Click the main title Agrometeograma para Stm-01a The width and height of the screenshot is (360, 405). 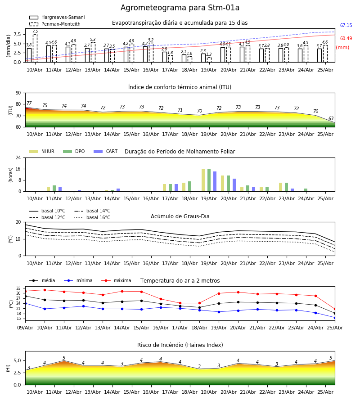pyautogui.click(x=180, y=8)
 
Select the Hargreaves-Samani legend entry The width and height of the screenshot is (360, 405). pyautogui.click(x=57, y=17)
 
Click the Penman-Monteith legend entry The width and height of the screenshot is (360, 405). pyautogui.click(x=55, y=24)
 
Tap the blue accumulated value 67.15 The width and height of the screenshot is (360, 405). pyautogui.click(x=346, y=25)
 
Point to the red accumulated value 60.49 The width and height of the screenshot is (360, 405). pyautogui.click(x=346, y=39)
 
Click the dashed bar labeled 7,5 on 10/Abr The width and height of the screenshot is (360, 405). pyautogui.click(x=35, y=48)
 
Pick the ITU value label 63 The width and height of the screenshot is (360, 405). pyautogui.click(x=331, y=118)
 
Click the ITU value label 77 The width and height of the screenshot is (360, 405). pyautogui.click(x=29, y=103)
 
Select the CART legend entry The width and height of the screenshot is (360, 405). pyautogui.click(x=105, y=151)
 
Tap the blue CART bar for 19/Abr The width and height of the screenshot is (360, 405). pyautogui.click(x=215, y=181)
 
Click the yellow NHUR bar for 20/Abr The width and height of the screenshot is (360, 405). pyautogui.click(x=223, y=184)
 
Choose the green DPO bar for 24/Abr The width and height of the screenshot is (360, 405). pyautogui.click(x=306, y=190)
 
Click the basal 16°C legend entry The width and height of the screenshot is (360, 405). pyautogui.click(x=92, y=217)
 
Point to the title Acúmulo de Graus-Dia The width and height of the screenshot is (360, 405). pyautogui.click(x=180, y=216)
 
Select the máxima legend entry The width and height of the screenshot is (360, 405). pyautogui.click(x=116, y=280)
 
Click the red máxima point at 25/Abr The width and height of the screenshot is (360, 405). pyautogui.click(x=335, y=309)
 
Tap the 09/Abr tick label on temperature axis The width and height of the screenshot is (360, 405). pyautogui.click(x=25, y=328)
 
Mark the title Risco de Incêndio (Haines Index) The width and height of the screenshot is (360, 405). pyautogui.click(x=180, y=345)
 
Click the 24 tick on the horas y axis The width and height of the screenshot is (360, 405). pyautogui.click(x=18, y=157)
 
